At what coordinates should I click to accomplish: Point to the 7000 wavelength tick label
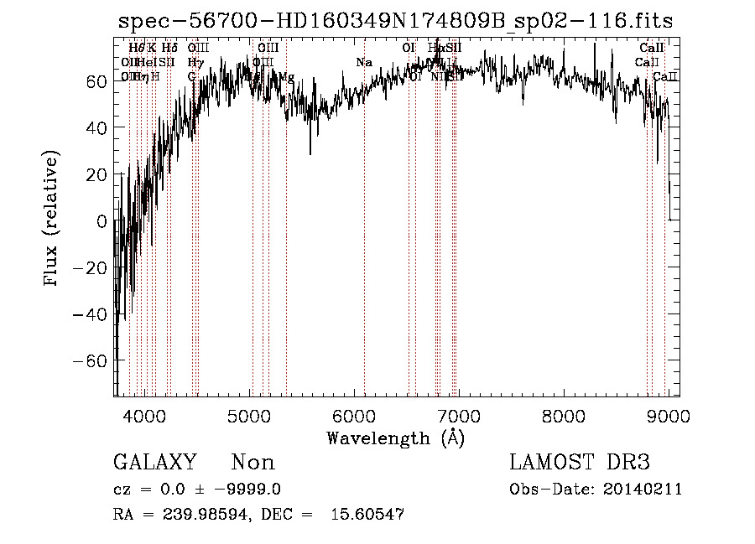(x=460, y=415)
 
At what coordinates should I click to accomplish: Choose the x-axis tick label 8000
(x=564, y=415)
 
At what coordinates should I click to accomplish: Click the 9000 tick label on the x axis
(x=668, y=415)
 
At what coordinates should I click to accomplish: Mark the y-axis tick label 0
(x=102, y=221)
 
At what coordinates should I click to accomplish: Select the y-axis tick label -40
(x=91, y=314)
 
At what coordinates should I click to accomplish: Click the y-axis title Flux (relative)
(x=52, y=220)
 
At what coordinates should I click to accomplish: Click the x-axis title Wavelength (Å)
(x=395, y=438)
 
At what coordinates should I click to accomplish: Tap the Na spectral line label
(x=363, y=63)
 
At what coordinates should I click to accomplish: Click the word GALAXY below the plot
(x=154, y=463)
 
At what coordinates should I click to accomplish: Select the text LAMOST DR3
(x=579, y=463)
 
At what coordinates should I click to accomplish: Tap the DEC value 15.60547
(x=369, y=515)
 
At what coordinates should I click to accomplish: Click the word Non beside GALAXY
(x=253, y=463)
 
